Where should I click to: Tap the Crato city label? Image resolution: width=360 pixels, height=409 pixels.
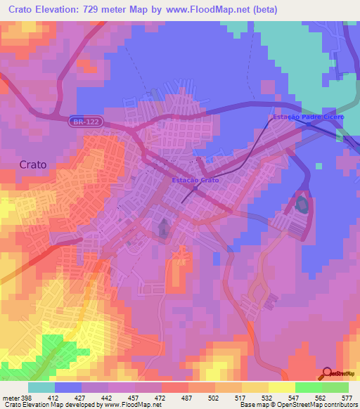tap(33, 164)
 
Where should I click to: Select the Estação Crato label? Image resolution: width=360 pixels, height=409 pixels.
tap(195, 181)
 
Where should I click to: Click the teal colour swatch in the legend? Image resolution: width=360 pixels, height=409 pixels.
tap(41, 387)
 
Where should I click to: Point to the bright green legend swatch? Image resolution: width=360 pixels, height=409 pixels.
tap(308, 387)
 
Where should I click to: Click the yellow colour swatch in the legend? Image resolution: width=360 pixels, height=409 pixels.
tap(281, 387)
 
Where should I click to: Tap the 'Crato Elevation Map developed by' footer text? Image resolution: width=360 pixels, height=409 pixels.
tap(52, 405)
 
